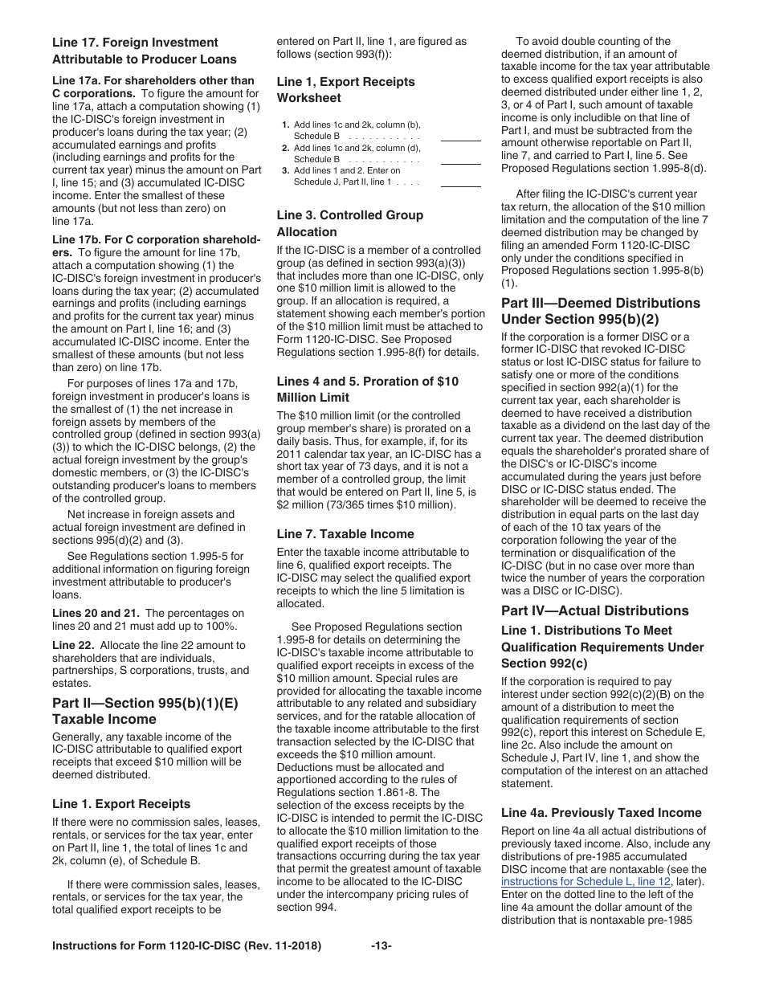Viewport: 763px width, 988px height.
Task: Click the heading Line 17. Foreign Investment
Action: [135, 43]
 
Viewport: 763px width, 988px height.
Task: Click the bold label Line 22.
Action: [71, 645]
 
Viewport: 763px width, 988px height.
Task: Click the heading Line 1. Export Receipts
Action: [121, 803]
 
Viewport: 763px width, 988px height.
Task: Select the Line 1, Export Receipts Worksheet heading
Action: [345, 82]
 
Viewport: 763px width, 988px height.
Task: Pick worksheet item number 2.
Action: [285, 148]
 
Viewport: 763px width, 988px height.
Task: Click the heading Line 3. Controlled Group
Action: [349, 215]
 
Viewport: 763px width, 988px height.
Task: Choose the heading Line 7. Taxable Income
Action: [345, 533]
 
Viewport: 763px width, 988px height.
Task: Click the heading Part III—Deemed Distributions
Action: [600, 303]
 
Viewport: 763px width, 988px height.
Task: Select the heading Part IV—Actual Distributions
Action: [594, 610]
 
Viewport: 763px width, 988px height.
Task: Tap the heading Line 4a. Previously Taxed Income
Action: [601, 813]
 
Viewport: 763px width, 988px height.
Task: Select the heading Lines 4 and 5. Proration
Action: [367, 381]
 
